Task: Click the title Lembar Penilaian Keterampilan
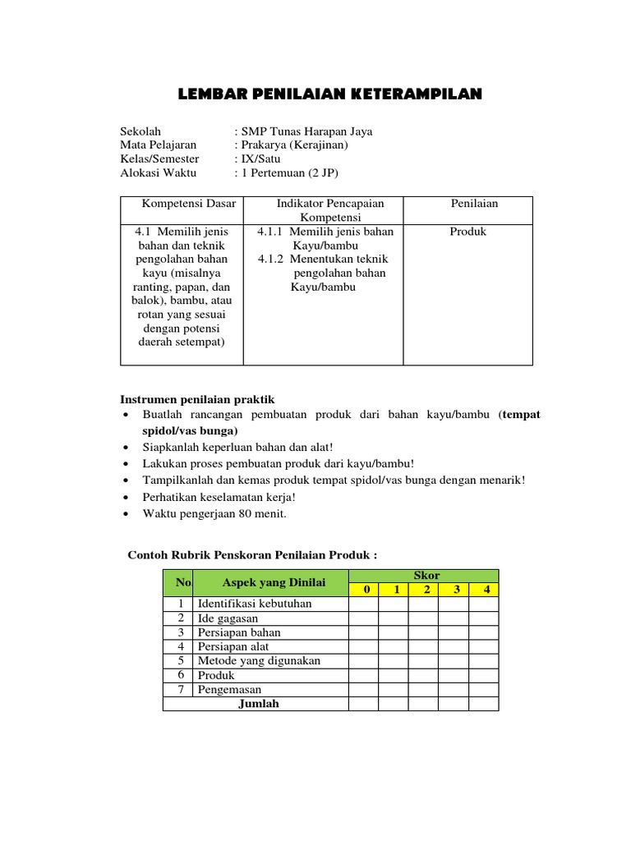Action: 330,95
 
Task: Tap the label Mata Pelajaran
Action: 159,145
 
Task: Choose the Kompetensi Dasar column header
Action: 189,204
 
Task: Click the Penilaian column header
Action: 474,204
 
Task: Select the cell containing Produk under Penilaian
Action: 468,232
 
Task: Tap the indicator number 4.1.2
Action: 275,260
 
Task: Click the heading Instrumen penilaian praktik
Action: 197,399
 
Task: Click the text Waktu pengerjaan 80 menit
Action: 214,514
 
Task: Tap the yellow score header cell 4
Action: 486,590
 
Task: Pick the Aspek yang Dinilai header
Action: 274,582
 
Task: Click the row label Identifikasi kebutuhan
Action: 255,604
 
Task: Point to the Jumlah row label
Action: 258,704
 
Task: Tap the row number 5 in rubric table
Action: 179,661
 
